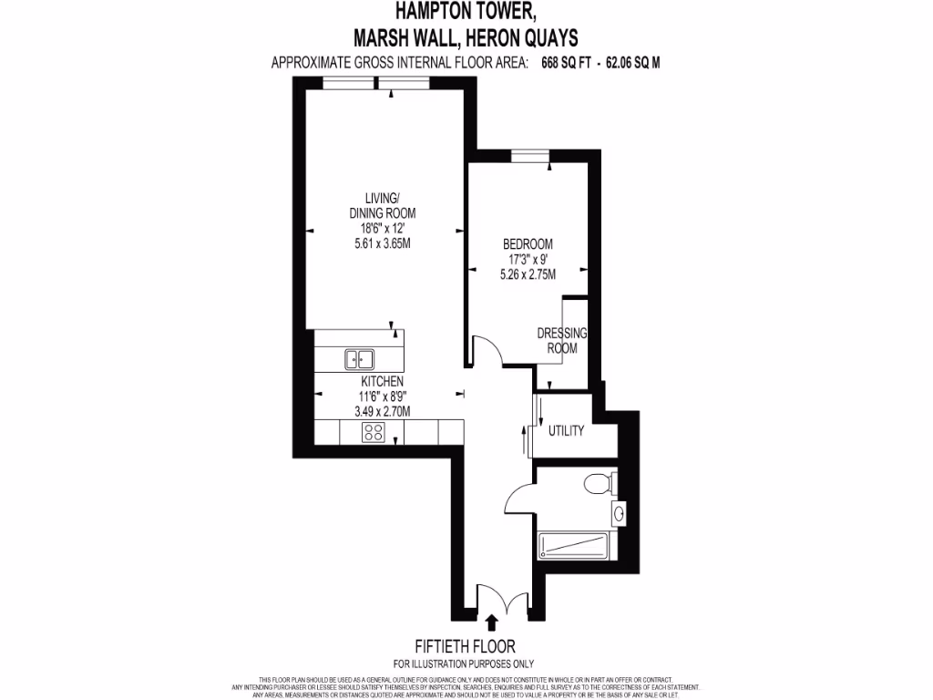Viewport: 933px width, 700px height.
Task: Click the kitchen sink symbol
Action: [361, 359]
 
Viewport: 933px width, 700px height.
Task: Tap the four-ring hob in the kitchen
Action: [373, 432]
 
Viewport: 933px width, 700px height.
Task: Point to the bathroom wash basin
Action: [620, 514]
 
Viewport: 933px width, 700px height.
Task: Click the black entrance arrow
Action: [492, 623]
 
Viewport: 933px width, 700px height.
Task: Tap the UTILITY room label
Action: [566, 431]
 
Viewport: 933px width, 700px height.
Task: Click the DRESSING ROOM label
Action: [561, 341]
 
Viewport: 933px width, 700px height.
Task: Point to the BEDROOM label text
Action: [528, 244]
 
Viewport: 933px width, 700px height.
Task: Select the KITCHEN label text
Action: [382, 381]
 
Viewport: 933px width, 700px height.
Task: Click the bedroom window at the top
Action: [529, 156]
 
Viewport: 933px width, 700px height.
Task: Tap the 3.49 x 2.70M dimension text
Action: [382, 411]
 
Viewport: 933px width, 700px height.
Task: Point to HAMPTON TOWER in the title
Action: [465, 12]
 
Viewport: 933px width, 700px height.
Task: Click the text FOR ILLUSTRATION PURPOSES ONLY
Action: [464, 664]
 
